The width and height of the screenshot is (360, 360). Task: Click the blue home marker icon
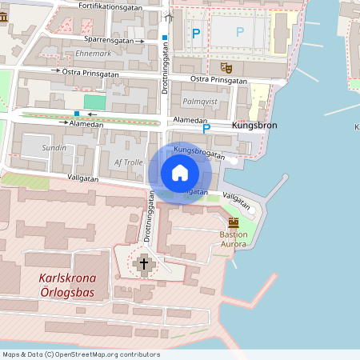coord(180,172)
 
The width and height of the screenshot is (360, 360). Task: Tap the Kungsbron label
coord(254,126)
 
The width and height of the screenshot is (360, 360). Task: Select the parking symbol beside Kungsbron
coord(206,128)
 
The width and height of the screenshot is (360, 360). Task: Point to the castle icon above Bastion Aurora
coord(234,222)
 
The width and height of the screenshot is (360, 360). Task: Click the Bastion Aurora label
coord(234,239)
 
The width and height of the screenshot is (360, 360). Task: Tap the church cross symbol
coord(145,262)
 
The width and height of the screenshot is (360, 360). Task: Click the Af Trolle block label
coord(129,162)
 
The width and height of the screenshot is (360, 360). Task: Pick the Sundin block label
coord(54,148)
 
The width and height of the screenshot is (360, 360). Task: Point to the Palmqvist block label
coord(199,102)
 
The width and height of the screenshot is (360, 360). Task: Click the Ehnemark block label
coord(93,54)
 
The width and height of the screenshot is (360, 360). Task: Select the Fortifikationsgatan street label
coord(111,6)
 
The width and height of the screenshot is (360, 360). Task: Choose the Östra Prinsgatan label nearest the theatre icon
coord(219,80)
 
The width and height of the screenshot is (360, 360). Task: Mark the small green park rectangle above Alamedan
coord(94,102)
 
